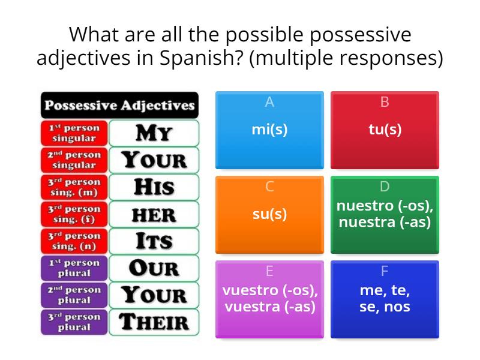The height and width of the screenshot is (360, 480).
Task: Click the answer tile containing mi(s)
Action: pyautogui.click(x=269, y=130)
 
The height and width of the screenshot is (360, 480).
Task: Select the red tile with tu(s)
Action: pyautogui.click(x=385, y=130)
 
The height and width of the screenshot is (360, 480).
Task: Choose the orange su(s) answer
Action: pyautogui.click(x=269, y=215)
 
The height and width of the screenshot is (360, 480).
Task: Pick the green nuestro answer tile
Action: pyautogui.click(x=385, y=215)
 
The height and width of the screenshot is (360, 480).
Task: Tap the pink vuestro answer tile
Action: pyautogui.click(x=269, y=299)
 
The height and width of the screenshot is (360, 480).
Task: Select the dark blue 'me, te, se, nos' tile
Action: pyautogui.click(x=385, y=299)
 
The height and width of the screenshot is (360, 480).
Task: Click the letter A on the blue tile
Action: pyautogui.click(x=269, y=102)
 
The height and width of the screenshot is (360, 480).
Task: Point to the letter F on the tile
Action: pyautogui.click(x=385, y=271)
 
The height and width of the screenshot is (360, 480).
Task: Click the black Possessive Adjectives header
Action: pyautogui.click(x=119, y=105)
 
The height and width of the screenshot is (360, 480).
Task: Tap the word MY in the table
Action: pyautogui.click(x=154, y=133)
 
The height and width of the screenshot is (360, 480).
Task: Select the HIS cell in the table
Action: pyautogui.click(x=154, y=187)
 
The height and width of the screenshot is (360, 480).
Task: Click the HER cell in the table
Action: pyautogui.click(x=154, y=214)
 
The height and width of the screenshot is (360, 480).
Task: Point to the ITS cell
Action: pyautogui.click(x=154, y=241)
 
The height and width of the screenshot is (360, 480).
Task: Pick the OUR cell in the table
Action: pyautogui.click(x=154, y=268)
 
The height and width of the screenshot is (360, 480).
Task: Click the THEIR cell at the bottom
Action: pyautogui.click(x=154, y=322)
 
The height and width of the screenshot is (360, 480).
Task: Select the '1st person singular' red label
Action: pyautogui.click(x=74, y=133)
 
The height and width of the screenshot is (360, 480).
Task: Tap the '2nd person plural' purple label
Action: pyautogui.click(x=74, y=295)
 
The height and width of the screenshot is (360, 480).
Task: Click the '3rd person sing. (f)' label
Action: pyautogui.click(x=74, y=214)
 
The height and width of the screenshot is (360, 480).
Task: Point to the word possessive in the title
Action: pyautogui.click(x=361, y=35)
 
